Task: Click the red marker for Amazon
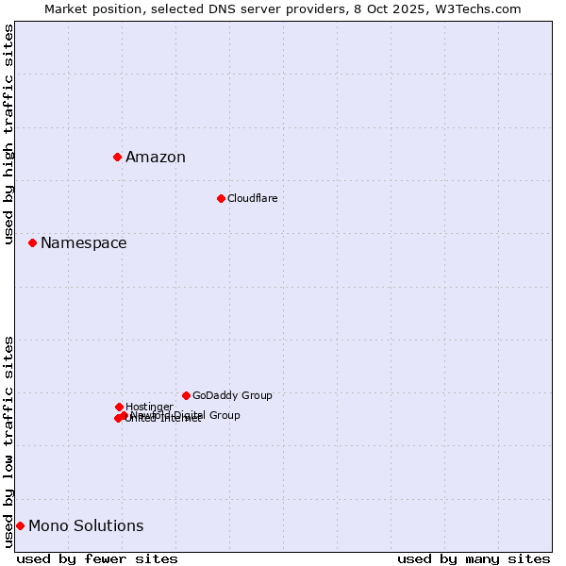[x=117, y=157]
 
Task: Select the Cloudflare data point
[x=221, y=198]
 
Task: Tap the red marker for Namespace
[x=32, y=242]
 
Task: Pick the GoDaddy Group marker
[x=186, y=395]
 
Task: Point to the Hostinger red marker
[x=119, y=407]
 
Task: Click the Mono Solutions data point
[x=20, y=525]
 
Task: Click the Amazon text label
[x=156, y=158]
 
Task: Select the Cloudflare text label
[x=253, y=199]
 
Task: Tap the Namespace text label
[x=83, y=243]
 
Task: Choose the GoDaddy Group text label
[x=232, y=396]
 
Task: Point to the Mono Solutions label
[x=86, y=526]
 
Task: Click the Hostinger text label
[x=149, y=407]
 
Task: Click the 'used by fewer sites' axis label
[x=97, y=558]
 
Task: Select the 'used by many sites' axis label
[x=474, y=558]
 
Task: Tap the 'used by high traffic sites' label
[x=8, y=134]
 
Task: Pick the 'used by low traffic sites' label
[x=8, y=441]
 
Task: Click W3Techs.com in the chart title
[x=480, y=8]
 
